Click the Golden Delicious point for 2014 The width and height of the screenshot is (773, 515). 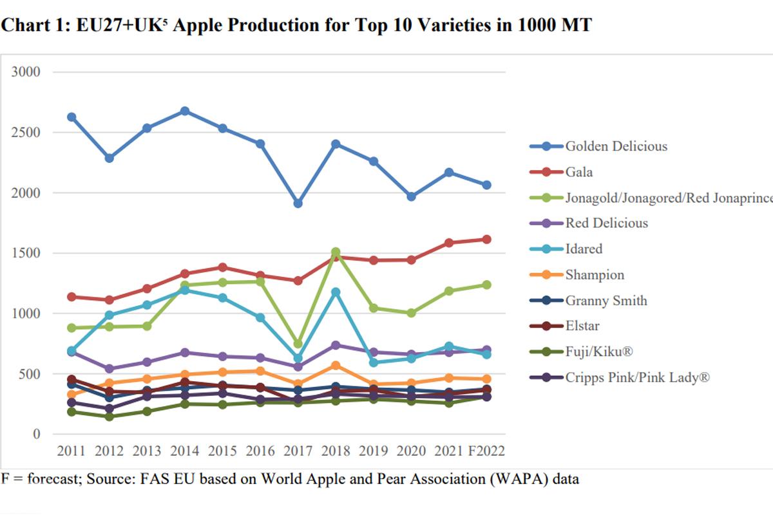[x=185, y=111]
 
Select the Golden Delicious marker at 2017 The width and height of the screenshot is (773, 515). [x=298, y=203]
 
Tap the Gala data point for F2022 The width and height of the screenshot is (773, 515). [x=487, y=239]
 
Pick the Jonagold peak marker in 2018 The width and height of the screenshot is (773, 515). [x=336, y=252]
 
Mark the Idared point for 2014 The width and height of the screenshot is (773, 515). [x=185, y=290]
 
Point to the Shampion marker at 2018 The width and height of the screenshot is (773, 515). [x=336, y=365]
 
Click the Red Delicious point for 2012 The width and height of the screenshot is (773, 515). [x=110, y=369]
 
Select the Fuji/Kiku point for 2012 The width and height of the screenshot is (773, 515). [x=110, y=417]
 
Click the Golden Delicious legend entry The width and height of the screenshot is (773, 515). [x=616, y=146]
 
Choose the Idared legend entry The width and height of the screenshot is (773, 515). [x=584, y=249]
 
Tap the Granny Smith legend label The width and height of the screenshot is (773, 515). [x=606, y=301]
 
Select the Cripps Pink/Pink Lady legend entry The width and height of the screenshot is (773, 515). [x=637, y=378]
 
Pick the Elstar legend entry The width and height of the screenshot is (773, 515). [x=583, y=326]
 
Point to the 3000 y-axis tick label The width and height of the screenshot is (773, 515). [x=26, y=72]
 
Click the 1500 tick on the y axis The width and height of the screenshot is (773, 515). [x=26, y=253]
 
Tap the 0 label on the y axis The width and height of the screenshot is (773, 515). [x=37, y=435]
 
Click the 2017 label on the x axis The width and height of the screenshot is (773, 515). [x=298, y=451]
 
